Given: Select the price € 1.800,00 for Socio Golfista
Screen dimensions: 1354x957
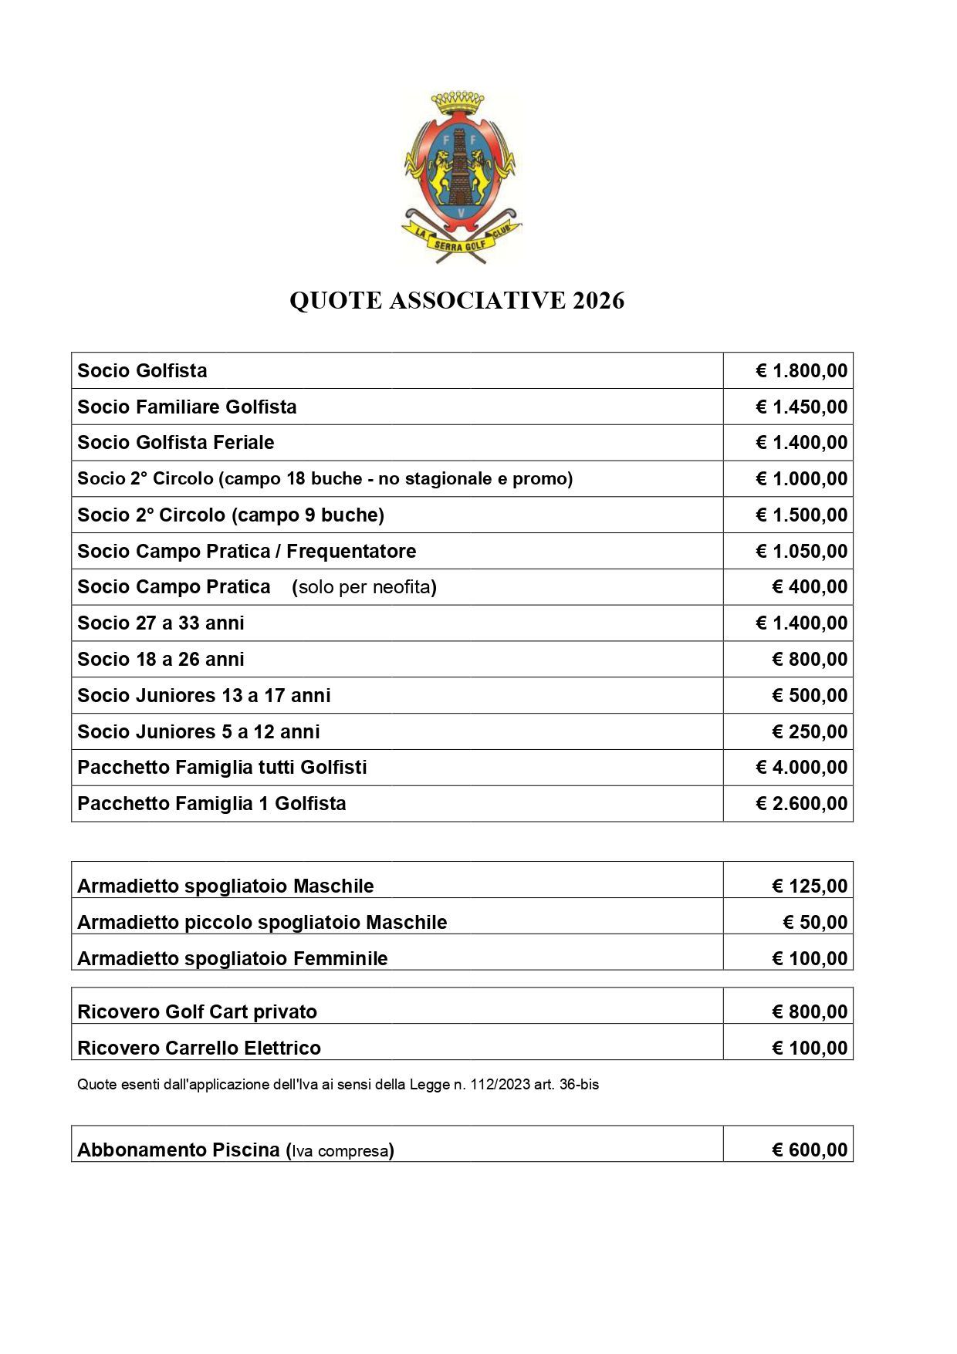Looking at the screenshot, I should pos(801,371).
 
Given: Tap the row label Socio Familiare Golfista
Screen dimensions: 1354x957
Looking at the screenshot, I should pos(187,407).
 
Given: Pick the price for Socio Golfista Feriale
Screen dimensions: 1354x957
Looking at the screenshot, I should pos(801,443).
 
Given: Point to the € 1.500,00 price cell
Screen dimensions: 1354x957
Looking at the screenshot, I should pos(801,515).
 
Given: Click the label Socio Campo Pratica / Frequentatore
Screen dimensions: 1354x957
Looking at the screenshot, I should pos(246,551).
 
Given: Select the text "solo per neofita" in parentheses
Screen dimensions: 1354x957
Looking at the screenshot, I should pos(364,587).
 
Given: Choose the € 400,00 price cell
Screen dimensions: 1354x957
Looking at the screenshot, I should pos(809,587).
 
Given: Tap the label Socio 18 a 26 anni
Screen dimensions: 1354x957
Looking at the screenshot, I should pos(161,660).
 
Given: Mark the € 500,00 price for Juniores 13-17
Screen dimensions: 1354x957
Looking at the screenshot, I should pos(809,696).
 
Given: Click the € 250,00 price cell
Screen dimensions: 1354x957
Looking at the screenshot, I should pos(809,731).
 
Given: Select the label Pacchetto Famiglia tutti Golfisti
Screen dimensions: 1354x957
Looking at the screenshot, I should pos(222,768).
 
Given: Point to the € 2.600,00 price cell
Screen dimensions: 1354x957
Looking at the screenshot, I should pos(801,804).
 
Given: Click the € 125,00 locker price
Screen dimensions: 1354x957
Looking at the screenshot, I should pos(809,886).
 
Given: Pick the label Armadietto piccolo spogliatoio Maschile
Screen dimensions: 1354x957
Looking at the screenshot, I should pos(262,923).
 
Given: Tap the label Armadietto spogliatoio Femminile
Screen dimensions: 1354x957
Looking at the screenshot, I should pos(232,959).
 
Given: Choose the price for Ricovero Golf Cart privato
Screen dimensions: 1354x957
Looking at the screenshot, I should pos(809,1012).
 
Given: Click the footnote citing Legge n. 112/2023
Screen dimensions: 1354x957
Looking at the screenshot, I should pos(338,1085).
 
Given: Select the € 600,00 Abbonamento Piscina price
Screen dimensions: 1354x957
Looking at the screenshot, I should pos(809,1150).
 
